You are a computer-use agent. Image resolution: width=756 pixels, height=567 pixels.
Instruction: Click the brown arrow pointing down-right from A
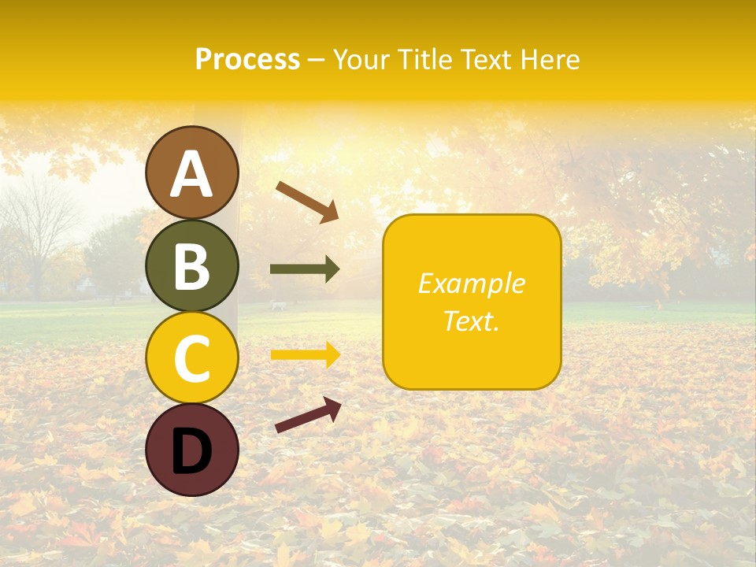pyautogui.click(x=307, y=202)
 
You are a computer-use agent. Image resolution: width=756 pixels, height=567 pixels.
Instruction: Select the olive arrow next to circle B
pyautogui.click(x=305, y=269)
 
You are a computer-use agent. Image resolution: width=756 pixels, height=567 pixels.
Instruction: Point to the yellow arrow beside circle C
pyautogui.click(x=305, y=355)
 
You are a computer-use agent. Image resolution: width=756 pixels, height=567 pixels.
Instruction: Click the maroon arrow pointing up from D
pyautogui.click(x=308, y=415)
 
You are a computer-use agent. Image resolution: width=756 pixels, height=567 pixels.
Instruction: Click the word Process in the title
pyautogui.click(x=247, y=59)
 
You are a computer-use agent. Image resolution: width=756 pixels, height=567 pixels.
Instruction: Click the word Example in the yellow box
pyautogui.click(x=471, y=283)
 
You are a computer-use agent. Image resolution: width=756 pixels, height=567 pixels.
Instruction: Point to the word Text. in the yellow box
pyautogui.click(x=471, y=321)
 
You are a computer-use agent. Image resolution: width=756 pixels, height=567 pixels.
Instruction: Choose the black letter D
pyautogui.click(x=191, y=451)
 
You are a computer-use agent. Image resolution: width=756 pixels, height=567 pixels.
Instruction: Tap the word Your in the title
pyautogui.click(x=364, y=59)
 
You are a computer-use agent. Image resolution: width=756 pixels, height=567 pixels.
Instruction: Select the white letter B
pyautogui.click(x=191, y=266)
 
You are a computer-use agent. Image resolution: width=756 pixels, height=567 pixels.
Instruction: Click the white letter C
pyautogui.click(x=191, y=358)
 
